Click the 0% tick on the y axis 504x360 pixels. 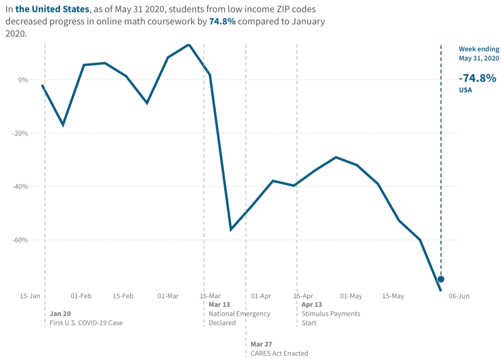(x=22, y=80)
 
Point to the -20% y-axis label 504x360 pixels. (x=20, y=133)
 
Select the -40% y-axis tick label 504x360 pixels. (x=20, y=187)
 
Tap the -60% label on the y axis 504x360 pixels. (x=20, y=240)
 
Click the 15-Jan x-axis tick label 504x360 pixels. (x=30, y=296)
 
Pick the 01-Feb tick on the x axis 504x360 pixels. (x=81, y=296)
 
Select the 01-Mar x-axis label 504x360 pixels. (x=168, y=296)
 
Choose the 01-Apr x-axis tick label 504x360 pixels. (x=261, y=296)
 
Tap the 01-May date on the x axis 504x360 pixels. (x=352, y=296)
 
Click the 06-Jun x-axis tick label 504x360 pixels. (x=459, y=296)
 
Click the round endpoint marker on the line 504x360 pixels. (x=441, y=279)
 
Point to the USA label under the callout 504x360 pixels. (x=465, y=90)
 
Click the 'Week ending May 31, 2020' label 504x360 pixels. (x=479, y=54)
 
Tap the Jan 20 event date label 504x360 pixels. (x=61, y=313)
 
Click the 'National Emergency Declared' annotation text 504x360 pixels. (x=239, y=318)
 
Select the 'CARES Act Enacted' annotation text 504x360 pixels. (x=279, y=353)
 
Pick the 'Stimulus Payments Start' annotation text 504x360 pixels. (x=331, y=318)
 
